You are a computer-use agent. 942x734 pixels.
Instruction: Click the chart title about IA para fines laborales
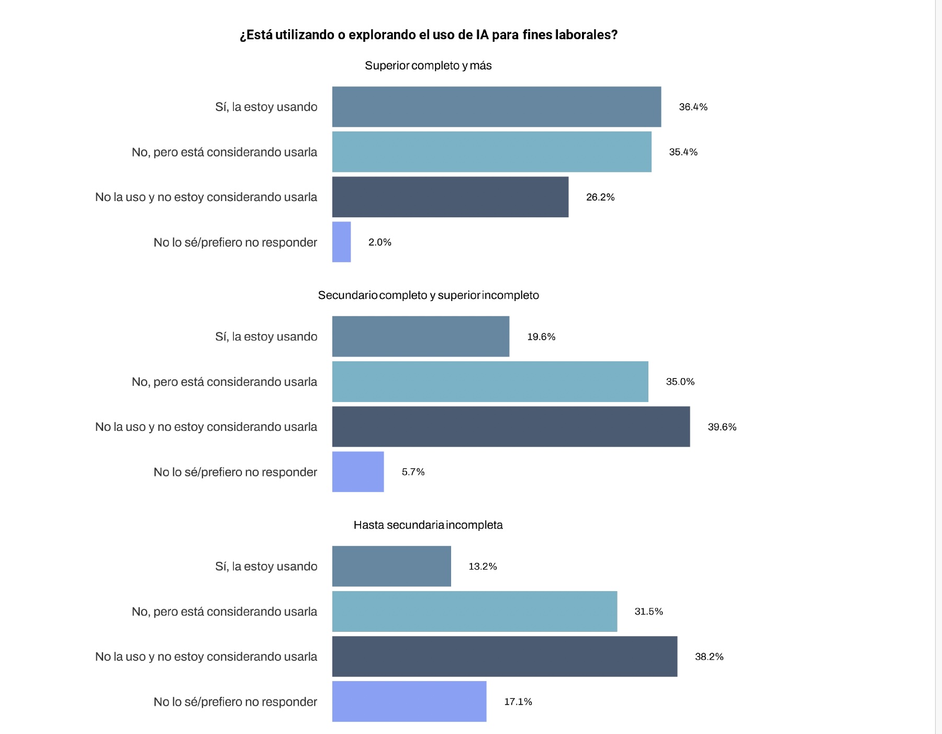tap(429, 35)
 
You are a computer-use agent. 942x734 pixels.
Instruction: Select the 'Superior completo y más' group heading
tap(428, 65)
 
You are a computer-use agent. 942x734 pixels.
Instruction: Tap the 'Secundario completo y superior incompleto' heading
tap(428, 295)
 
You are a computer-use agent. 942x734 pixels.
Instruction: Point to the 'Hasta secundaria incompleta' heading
tap(428, 525)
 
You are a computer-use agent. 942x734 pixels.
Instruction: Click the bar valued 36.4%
tap(496, 107)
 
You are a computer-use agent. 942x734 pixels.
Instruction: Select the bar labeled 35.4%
tap(491, 152)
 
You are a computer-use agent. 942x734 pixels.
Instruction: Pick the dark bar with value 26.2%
tap(450, 197)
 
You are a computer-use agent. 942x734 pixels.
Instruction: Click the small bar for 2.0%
tap(341, 242)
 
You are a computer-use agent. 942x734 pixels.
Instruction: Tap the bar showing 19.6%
tap(420, 337)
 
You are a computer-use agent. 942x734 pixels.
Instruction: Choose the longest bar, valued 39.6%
tap(511, 427)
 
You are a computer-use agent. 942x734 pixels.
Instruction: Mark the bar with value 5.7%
tap(358, 472)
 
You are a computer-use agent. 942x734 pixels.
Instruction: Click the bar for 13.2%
tap(391, 566)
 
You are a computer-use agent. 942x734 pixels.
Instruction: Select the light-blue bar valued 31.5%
tap(474, 611)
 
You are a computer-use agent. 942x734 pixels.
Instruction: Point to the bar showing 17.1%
tap(409, 702)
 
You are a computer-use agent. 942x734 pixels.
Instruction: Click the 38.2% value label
tap(709, 657)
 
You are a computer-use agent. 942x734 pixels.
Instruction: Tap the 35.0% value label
tap(680, 382)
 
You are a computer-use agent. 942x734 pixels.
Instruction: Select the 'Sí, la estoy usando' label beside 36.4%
tap(266, 107)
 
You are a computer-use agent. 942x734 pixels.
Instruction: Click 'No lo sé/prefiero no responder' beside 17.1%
tap(235, 702)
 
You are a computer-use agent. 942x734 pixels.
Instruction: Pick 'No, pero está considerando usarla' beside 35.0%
tap(224, 382)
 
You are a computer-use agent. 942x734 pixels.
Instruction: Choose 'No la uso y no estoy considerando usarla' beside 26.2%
tap(206, 197)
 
